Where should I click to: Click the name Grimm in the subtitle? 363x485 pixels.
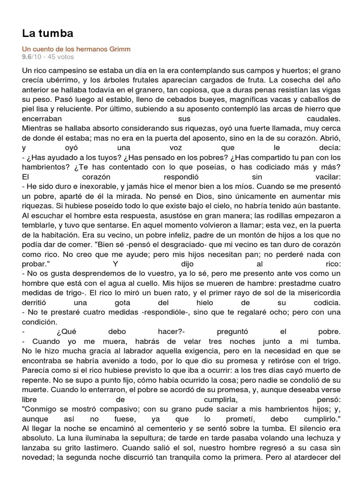point(121,49)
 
